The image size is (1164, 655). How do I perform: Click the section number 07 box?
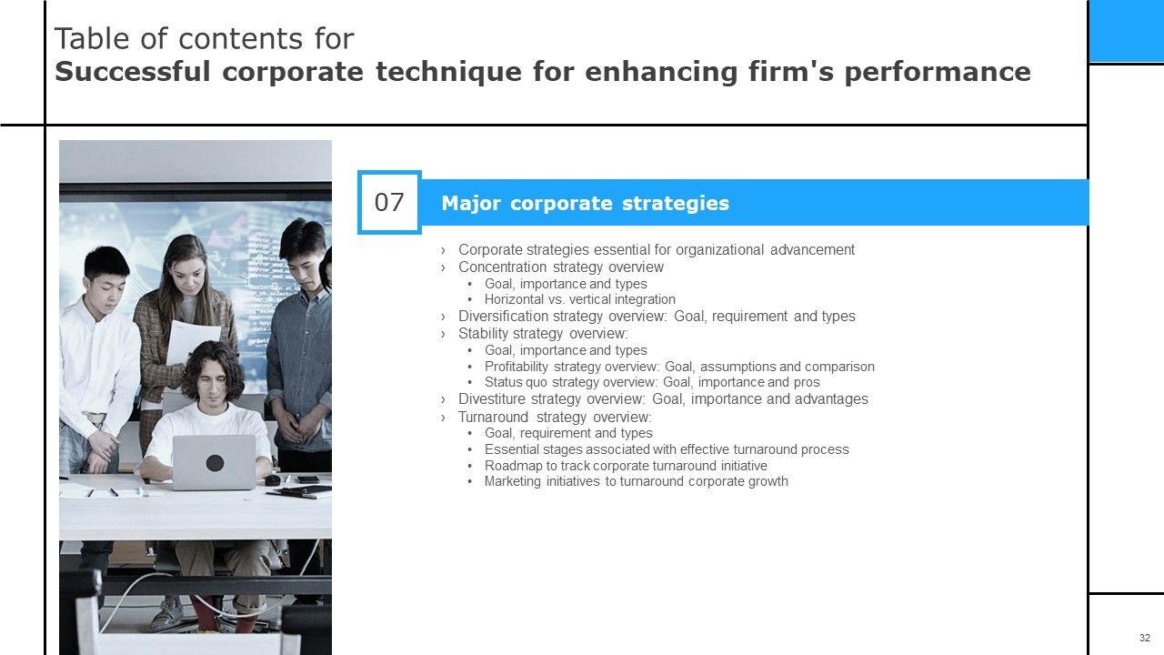pos(389,202)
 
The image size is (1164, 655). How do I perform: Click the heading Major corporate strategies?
pos(585,203)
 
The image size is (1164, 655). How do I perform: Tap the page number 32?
pos(1145,638)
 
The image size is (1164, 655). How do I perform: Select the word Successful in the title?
pos(133,71)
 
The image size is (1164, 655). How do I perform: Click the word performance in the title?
pos(938,72)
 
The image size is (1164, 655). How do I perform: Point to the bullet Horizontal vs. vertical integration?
pos(580,299)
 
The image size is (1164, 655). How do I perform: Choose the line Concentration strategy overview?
pos(561,267)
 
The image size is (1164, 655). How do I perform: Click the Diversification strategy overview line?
pos(657,316)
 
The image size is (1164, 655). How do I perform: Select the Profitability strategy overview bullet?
pos(679,367)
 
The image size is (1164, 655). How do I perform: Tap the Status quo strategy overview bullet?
pos(652,382)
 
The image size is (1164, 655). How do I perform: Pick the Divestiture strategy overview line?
pos(663,398)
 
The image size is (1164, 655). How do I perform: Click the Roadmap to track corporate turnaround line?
pos(626,466)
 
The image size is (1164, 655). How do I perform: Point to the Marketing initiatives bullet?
pos(636,481)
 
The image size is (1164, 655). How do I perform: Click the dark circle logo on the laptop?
pos(215,463)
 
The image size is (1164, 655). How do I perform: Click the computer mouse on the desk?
pos(272,479)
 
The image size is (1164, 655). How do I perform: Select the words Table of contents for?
pos(205,38)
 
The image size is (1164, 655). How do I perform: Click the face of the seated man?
pos(212,383)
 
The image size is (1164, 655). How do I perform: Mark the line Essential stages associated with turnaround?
pos(667,449)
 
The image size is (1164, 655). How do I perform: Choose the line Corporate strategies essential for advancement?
pos(657,250)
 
